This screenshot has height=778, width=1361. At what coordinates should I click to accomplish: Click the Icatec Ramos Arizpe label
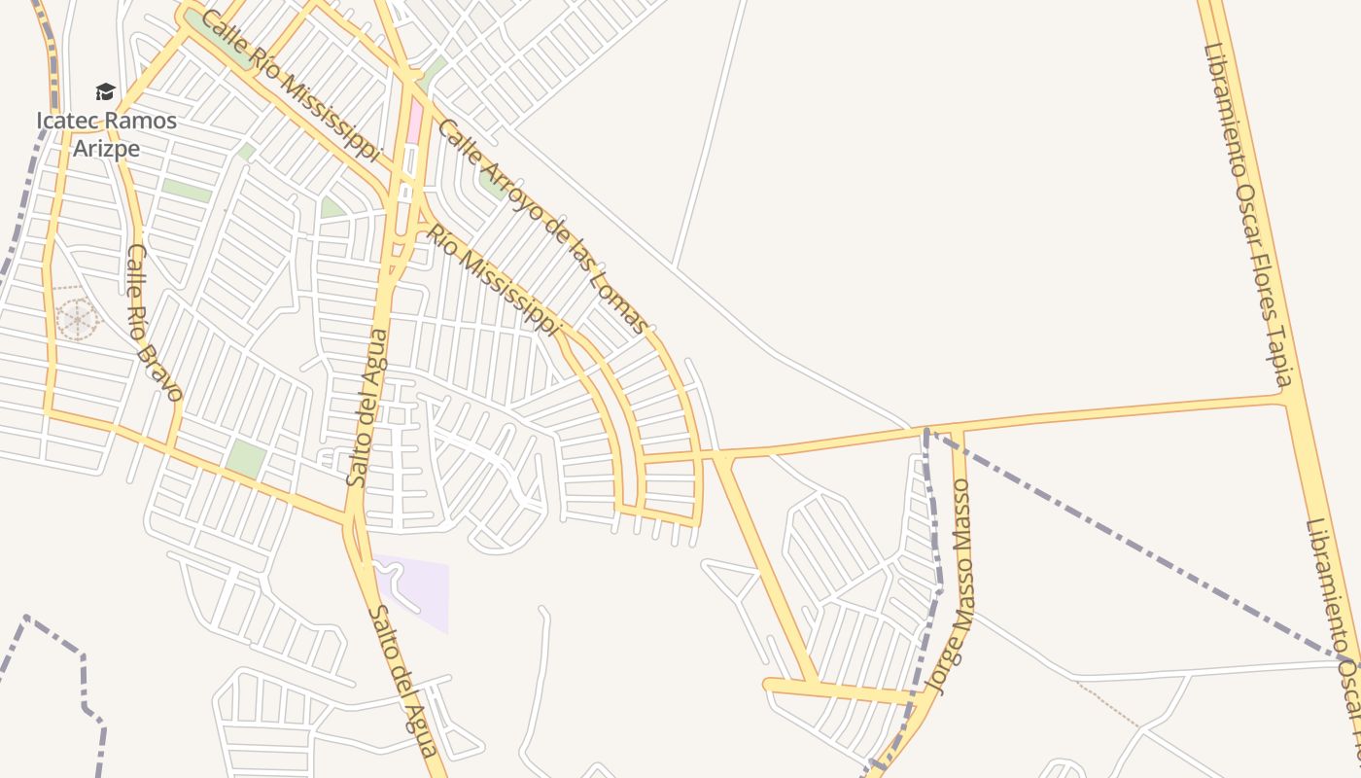(106, 134)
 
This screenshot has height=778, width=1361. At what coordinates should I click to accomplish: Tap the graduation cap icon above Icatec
(105, 92)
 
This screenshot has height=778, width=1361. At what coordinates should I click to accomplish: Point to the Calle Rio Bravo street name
(154, 322)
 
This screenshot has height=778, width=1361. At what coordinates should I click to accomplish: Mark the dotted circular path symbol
(76, 318)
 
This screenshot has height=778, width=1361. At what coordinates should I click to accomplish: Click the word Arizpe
(106, 149)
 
